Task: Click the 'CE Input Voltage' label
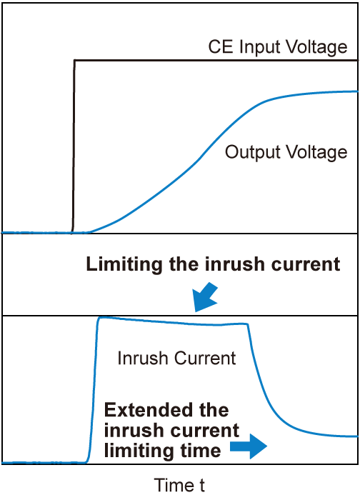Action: pyautogui.click(x=278, y=48)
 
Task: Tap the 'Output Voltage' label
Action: pyautogui.click(x=286, y=152)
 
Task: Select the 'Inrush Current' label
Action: pyautogui.click(x=176, y=358)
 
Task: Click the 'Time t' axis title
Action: pyautogui.click(x=179, y=486)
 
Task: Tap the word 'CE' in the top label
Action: pyautogui.click(x=218, y=48)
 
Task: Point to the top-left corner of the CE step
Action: pyautogui.click(x=75, y=61)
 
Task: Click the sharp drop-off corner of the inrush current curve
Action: pyautogui.click(x=248, y=326)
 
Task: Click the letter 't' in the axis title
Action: pyautogui.click(x=201, y=486)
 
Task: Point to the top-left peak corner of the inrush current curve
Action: pyautogui.click(x=100, y=319)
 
